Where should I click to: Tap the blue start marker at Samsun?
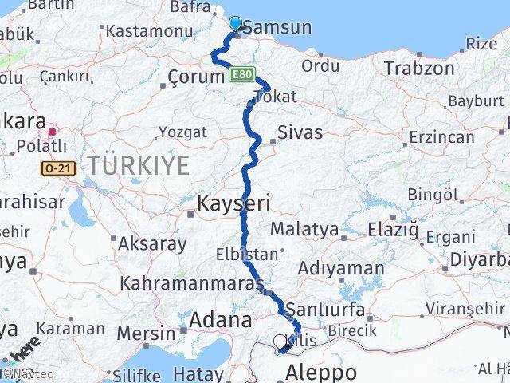[x=236, y=23]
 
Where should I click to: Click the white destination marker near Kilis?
[x=280, y=343]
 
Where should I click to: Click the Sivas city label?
[x=301, y=132]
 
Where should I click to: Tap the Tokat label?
[x=274, y=97]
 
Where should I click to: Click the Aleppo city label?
[x=322, y=373]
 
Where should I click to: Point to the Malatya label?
[x=304, y=230]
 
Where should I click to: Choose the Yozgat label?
[x=182, y=132]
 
